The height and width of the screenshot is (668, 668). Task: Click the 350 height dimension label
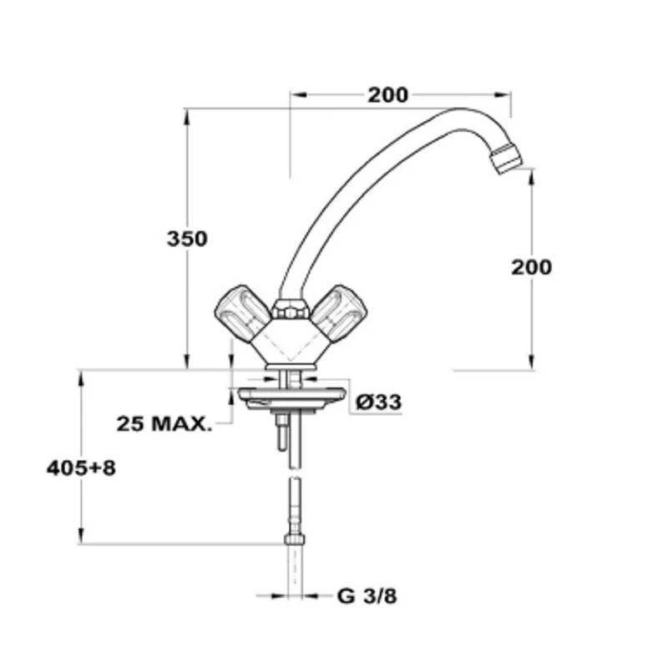pos(187,239)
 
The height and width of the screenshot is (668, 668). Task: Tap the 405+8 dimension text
pos(81,468)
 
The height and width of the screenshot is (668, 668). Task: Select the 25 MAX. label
pos(164,423)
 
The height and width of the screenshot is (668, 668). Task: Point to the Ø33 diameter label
pos(379,402)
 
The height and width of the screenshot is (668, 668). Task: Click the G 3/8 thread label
pos(367,596)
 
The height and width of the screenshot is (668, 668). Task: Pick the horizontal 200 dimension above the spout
pos(387,94)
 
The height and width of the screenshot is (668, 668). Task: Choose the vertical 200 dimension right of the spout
pos(531,267)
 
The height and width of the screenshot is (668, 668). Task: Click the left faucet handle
pos(242,312)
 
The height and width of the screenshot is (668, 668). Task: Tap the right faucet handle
pos(339,313)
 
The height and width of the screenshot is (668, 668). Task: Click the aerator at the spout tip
pos(506,159)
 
